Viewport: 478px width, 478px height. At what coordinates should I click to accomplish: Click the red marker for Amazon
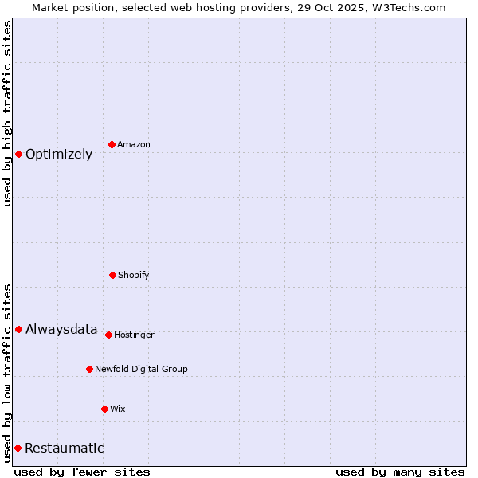(112, 144)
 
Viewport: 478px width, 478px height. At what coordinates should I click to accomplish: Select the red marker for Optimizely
(18, 154)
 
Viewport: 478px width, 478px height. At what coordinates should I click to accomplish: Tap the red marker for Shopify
(112, 275)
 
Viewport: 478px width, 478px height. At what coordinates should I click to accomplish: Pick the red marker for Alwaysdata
(18, 329)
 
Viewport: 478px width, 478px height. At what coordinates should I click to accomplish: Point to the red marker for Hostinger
(108, 335)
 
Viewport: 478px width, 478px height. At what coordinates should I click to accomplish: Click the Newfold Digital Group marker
(89, 369)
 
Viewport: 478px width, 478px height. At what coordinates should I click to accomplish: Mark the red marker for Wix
(104, 409)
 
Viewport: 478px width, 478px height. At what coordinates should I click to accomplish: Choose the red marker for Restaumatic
(18, 448)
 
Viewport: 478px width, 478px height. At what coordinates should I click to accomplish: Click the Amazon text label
(134, 144)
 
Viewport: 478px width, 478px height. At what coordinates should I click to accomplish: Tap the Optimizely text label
(59, 154)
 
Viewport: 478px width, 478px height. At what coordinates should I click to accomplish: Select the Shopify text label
(134, 275)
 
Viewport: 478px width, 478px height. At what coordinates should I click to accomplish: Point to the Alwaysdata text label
(61, 329)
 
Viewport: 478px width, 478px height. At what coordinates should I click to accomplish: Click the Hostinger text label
(134, 335)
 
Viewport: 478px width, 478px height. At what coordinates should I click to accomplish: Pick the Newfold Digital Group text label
(141, 369)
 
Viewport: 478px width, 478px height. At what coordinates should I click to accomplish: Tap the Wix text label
(118, 409)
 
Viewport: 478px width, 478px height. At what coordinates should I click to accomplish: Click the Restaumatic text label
(65, 448)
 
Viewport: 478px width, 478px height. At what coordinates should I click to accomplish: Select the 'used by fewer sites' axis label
(82, 472)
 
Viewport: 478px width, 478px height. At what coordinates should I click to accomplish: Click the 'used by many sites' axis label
(400, 472)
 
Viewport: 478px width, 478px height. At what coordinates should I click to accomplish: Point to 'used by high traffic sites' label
(7, 113)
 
